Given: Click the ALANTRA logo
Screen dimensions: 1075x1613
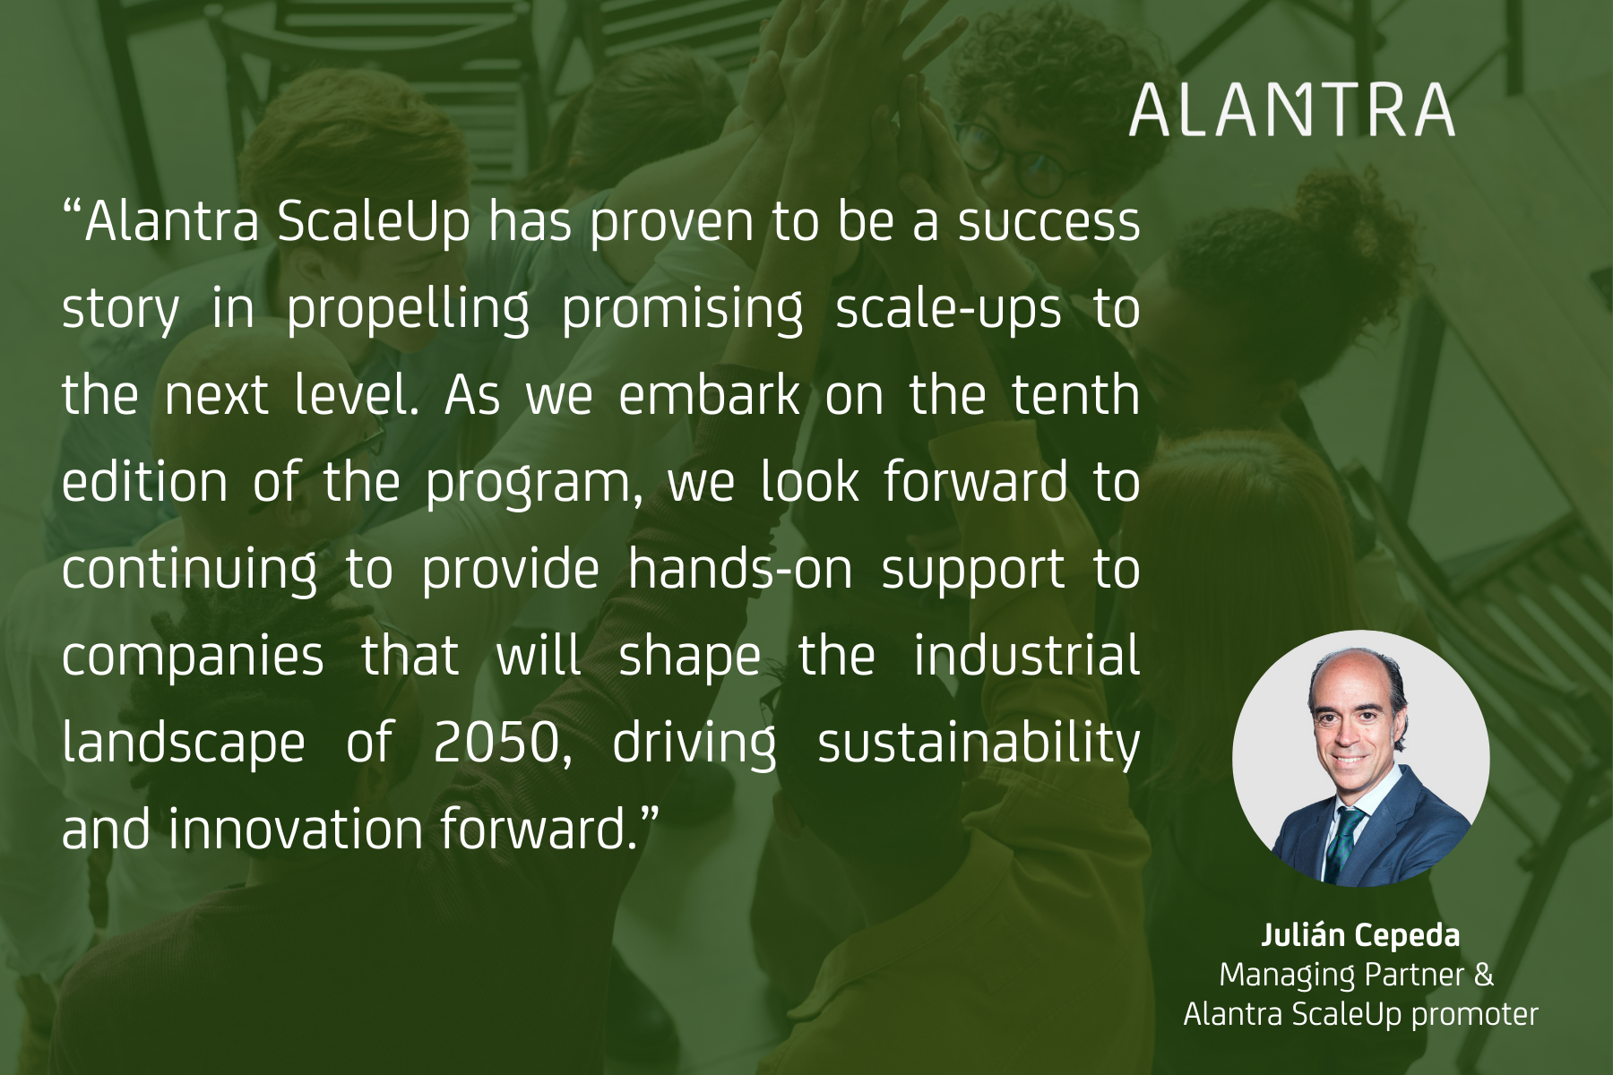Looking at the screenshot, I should pyautogui.click(x=1291, y=111).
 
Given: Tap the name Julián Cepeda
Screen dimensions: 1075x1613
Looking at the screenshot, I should pyautogui.click(x=1359, y=935).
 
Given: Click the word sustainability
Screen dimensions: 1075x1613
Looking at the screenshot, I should pyautogui.click(x=979, y=744).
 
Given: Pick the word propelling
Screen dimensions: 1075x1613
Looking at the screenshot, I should pyautogui.click(x=408, y=309).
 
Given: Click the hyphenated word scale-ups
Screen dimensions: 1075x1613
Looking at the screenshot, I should pyautogui.click(x=949, y=309).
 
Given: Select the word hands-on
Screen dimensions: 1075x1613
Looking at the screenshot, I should pyautogui.click(x=740, y=569).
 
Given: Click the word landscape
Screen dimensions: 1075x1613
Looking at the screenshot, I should pyautogui.click(x=184, y=744).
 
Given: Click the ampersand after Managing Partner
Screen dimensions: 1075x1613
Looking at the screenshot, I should pyautogui.click(x=1484, y=975).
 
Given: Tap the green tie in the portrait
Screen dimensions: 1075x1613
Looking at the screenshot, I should pyautogui.click(x=1343, y=842).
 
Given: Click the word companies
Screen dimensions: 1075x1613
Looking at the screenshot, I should pyautogui.click(x=193, y=657).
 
